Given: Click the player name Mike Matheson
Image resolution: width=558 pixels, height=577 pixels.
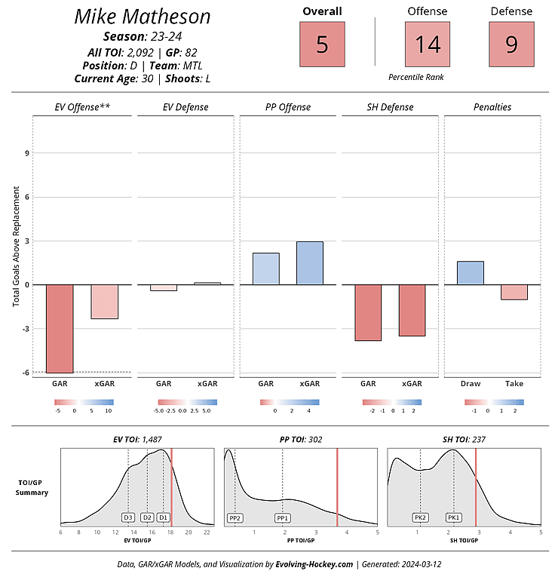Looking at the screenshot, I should click(x=143, y=17).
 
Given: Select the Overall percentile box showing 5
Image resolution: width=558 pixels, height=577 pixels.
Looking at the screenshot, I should click(x=322, y=45).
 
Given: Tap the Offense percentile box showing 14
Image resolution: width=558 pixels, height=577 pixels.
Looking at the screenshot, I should click(x=428, y=45).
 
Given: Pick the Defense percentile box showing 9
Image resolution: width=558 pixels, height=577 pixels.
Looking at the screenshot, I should click(x=511, y=45).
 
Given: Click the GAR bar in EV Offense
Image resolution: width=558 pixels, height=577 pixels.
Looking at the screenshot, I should click(x=60, y=328).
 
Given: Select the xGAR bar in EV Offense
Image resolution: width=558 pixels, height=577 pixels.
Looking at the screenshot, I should click(x=105, y=302).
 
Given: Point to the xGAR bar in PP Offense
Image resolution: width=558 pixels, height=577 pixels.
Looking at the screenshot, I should click(x=310, y=263).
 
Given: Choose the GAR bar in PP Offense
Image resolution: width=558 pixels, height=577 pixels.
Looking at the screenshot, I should click(x=265, y=269).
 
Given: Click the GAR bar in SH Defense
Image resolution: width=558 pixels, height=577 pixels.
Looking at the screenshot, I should click(x=368, y=312).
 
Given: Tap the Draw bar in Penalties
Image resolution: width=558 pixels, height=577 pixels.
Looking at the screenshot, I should click(x=471, y=273).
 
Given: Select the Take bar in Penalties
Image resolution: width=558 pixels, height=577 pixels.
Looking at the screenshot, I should click(x=514, y=292).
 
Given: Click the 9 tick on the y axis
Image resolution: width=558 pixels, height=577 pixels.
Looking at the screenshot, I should click(x=26, y=153).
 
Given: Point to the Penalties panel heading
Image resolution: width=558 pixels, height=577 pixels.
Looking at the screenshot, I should click(x=492, y=107).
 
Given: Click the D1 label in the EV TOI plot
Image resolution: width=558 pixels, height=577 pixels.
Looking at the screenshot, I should click(x=163, y=517).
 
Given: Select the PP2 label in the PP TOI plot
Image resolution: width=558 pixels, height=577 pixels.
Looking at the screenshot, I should click(x=235, y=517).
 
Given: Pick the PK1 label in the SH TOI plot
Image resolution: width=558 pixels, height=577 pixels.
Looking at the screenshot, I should click(x=454, y=517).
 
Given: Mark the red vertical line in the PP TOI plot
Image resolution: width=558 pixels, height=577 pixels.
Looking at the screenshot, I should click(x=337, y=486).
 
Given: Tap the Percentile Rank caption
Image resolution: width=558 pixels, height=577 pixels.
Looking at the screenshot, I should click(x=417, y=77).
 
